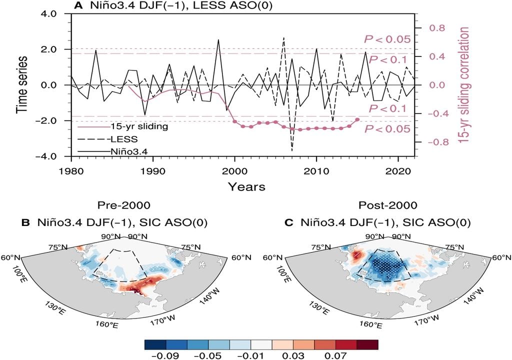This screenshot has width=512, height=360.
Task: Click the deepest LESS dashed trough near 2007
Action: [x=292, y=150]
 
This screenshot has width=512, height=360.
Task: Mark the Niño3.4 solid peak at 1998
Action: [x=218, y=40]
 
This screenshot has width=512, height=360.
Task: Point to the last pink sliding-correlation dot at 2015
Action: [x=357, y=119]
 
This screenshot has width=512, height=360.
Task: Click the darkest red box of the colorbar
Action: [x=367, y=344]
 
